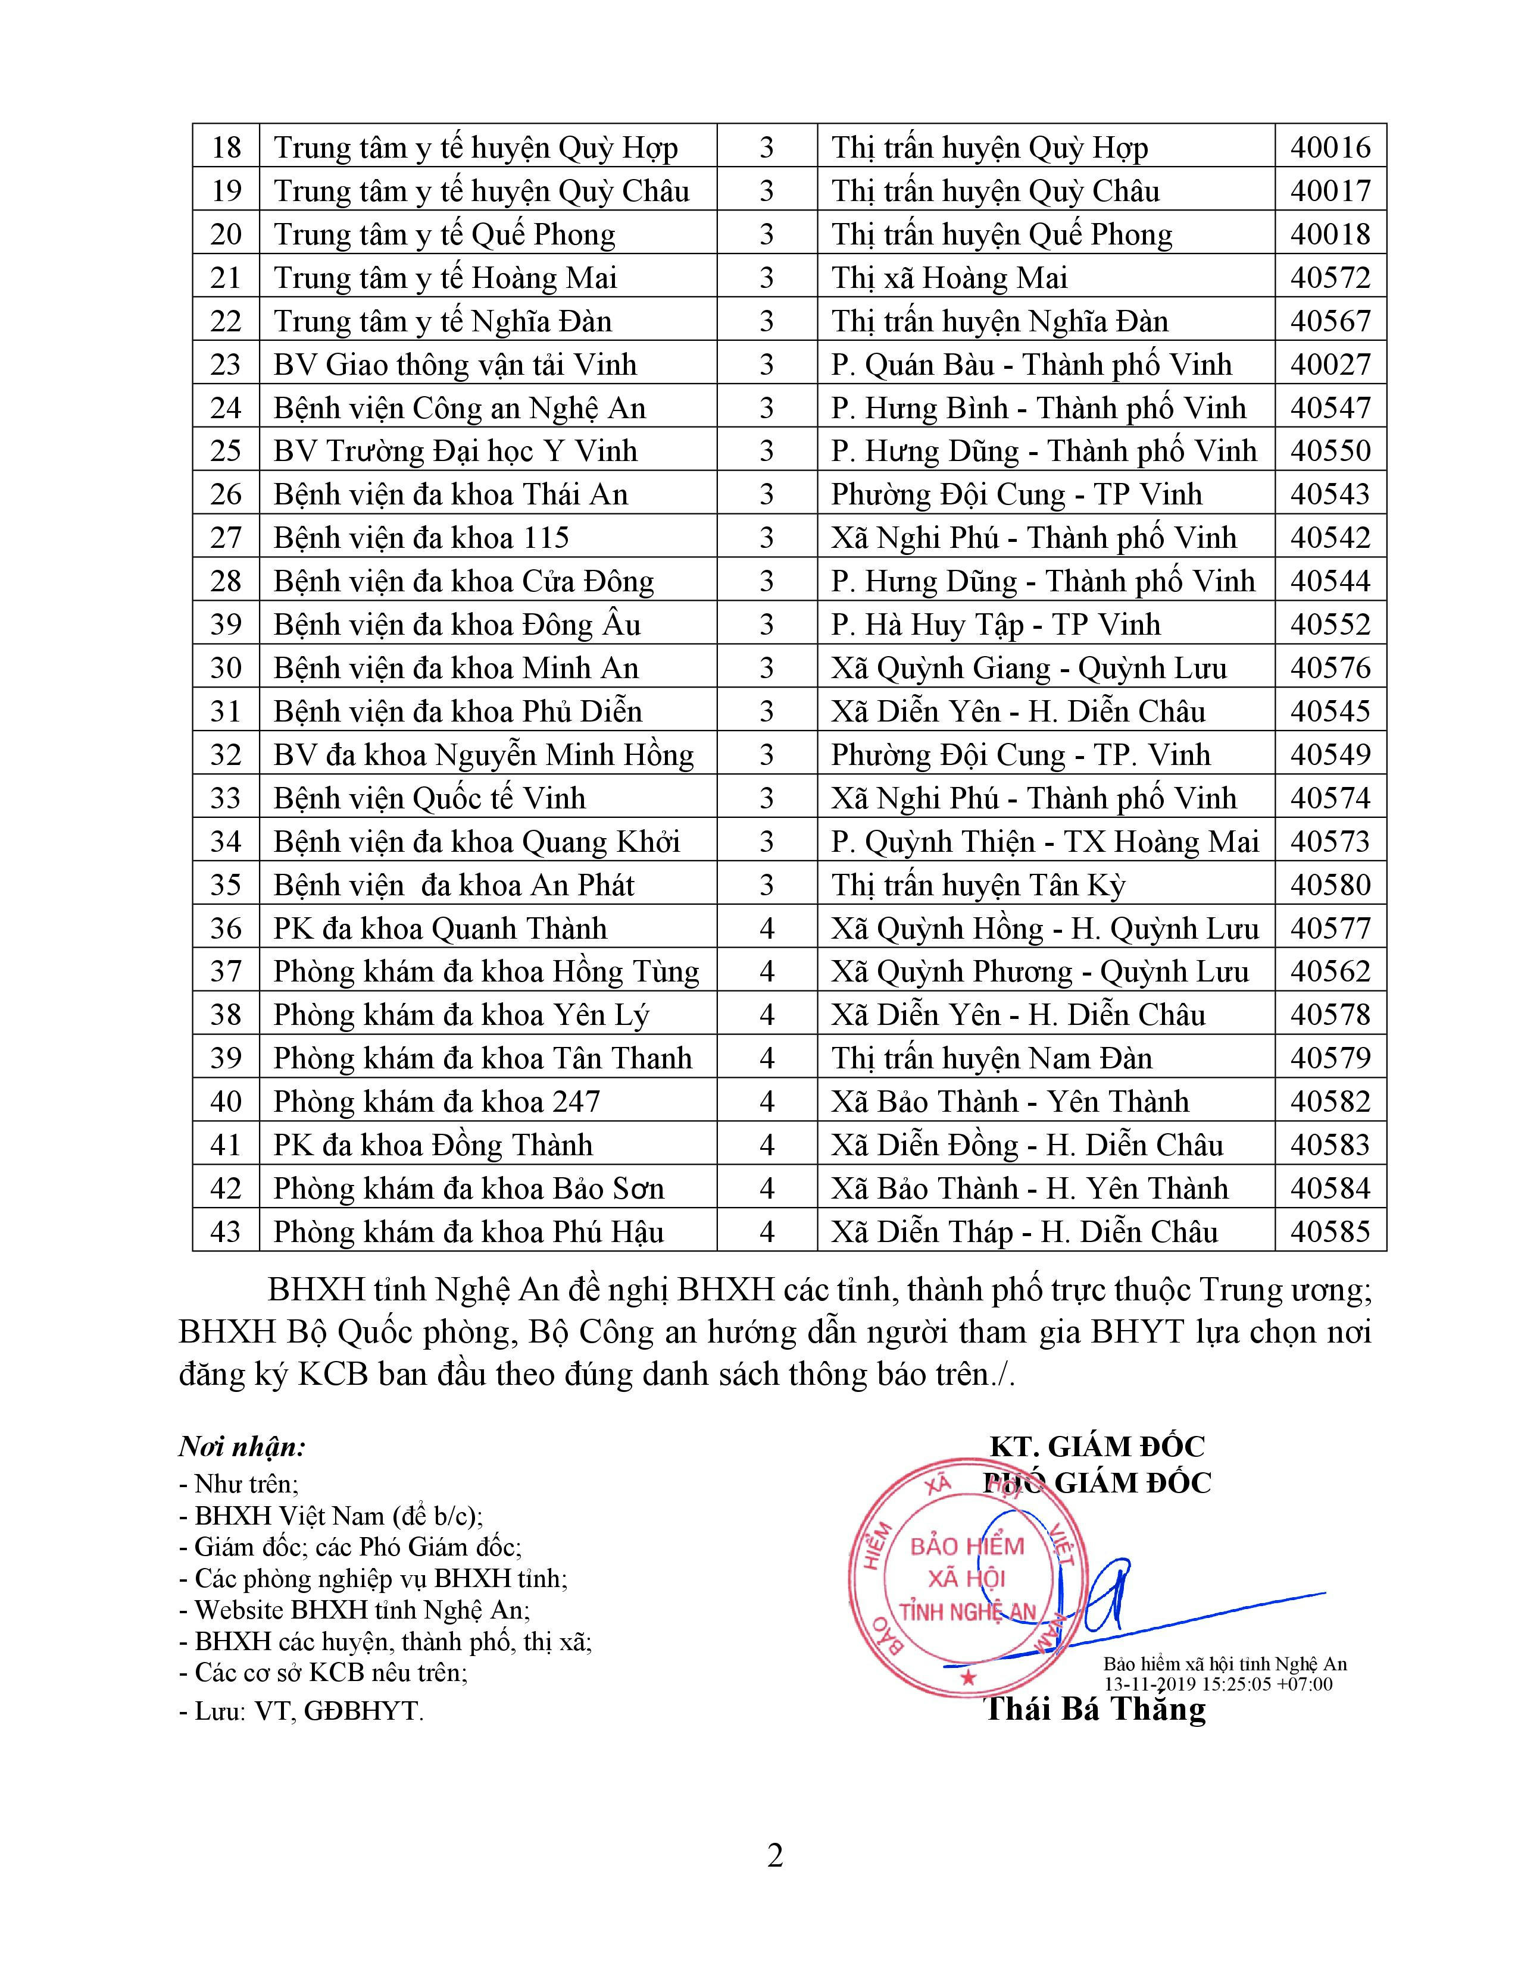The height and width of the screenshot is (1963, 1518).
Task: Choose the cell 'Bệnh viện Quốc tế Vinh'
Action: (x=429, y=798)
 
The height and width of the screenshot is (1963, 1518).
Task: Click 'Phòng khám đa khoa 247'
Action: (x=436, y=1102)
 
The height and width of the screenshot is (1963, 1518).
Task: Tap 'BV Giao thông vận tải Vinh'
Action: (x=455, y=364)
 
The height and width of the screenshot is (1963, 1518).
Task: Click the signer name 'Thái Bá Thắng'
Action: (x=1096, y=1708)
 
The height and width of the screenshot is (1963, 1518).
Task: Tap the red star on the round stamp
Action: (x=967, y=1677)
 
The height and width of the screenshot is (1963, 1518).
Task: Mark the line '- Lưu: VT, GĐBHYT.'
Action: (x=301, y=1710)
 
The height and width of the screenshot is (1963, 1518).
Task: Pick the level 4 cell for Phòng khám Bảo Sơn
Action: (x=766, y=1189)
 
